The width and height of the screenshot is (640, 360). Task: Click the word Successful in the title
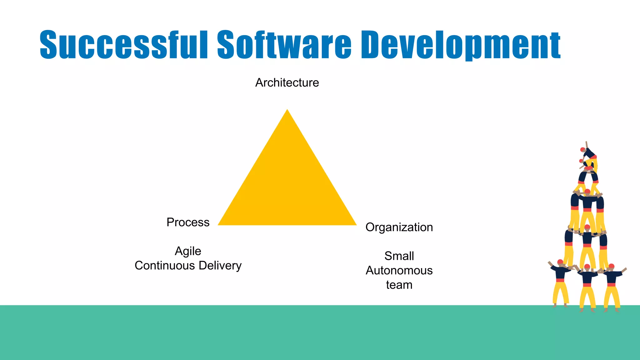click(x=124, y=44)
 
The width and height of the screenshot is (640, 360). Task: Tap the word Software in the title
click(x=284, y=44)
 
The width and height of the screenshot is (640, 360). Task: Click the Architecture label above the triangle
click(x=287, y=83)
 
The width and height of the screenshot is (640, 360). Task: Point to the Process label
click(x=188, y=222)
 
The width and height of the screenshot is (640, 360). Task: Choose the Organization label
click(x=399, y=227)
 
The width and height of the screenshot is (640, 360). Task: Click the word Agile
click(x=188, y=251)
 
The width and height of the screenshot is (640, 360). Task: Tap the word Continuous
click(x=165, y=266)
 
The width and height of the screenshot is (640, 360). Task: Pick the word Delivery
click(x=220, y=266)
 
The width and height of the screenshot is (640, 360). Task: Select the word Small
click(x=399, y=256)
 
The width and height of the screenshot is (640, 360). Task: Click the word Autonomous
click(x=399, y=271)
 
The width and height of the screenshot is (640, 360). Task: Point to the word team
click(x=399, y=285)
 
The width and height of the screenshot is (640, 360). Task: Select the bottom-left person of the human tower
click(x=561, y=283)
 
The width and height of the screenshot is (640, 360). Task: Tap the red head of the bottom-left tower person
click(x=560, y=262)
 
